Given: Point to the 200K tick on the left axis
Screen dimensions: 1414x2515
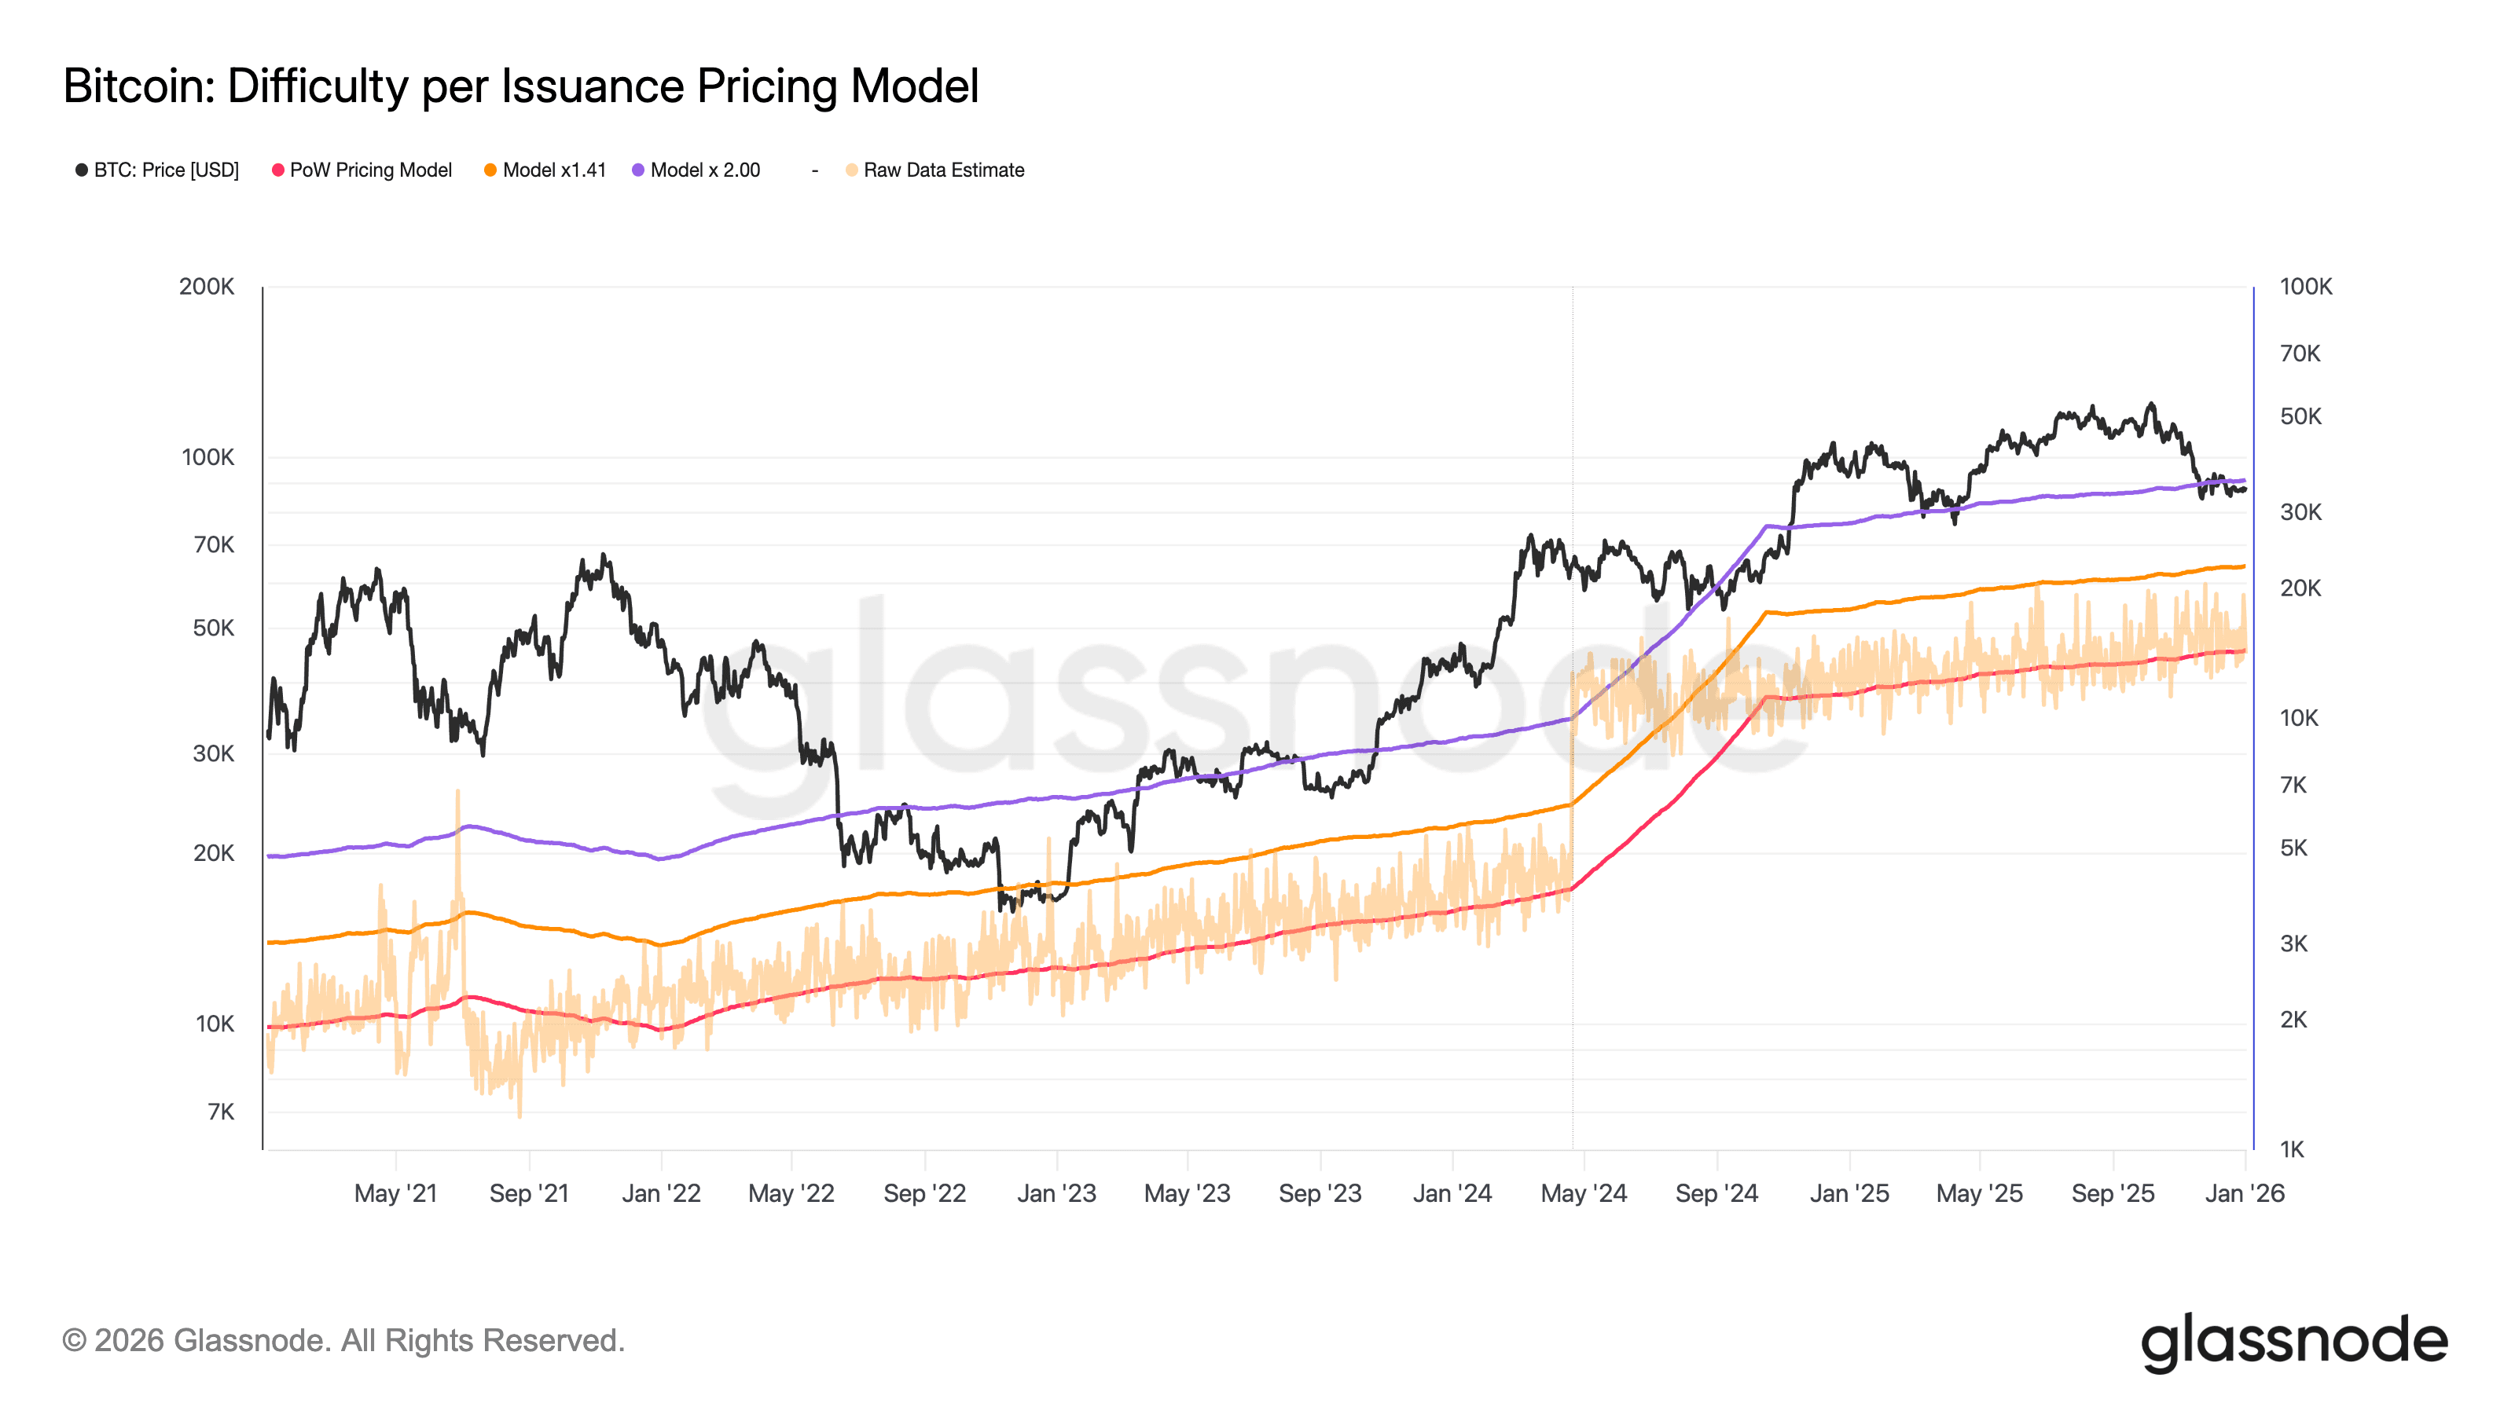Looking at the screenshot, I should click(x=207, y=287).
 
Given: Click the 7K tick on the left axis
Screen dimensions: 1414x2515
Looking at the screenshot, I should click(x=221, y=1112).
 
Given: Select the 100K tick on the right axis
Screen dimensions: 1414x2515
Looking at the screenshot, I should click(x=2305, y=287).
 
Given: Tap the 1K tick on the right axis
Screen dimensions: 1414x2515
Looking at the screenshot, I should click(x=2292, y=1149).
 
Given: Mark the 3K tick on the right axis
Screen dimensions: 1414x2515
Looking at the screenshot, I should click(x=2293, y=943).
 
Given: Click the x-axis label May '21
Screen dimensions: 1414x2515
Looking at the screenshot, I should click(x=395, y=1193).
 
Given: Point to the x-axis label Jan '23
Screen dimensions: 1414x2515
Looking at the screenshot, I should click(x=1056, y=1193).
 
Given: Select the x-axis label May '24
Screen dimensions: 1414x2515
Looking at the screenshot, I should click(x=1584, y=1193).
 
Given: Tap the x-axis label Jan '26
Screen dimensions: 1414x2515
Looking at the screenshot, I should click(x=2245, y=1193).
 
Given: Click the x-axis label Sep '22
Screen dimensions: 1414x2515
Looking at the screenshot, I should click(x=924, y=1193).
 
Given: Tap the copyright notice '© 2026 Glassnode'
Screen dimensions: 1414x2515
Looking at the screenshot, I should click(x=343, y=1341).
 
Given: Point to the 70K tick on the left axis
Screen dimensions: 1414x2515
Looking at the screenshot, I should click(x=214, y=544).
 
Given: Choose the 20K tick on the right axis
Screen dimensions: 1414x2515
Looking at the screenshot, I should click(x=2300, y=588).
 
